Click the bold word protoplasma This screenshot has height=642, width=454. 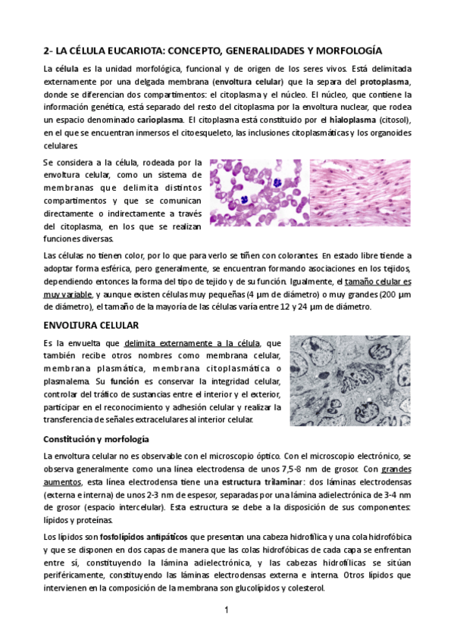385,81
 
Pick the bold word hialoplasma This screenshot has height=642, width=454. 353,120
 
